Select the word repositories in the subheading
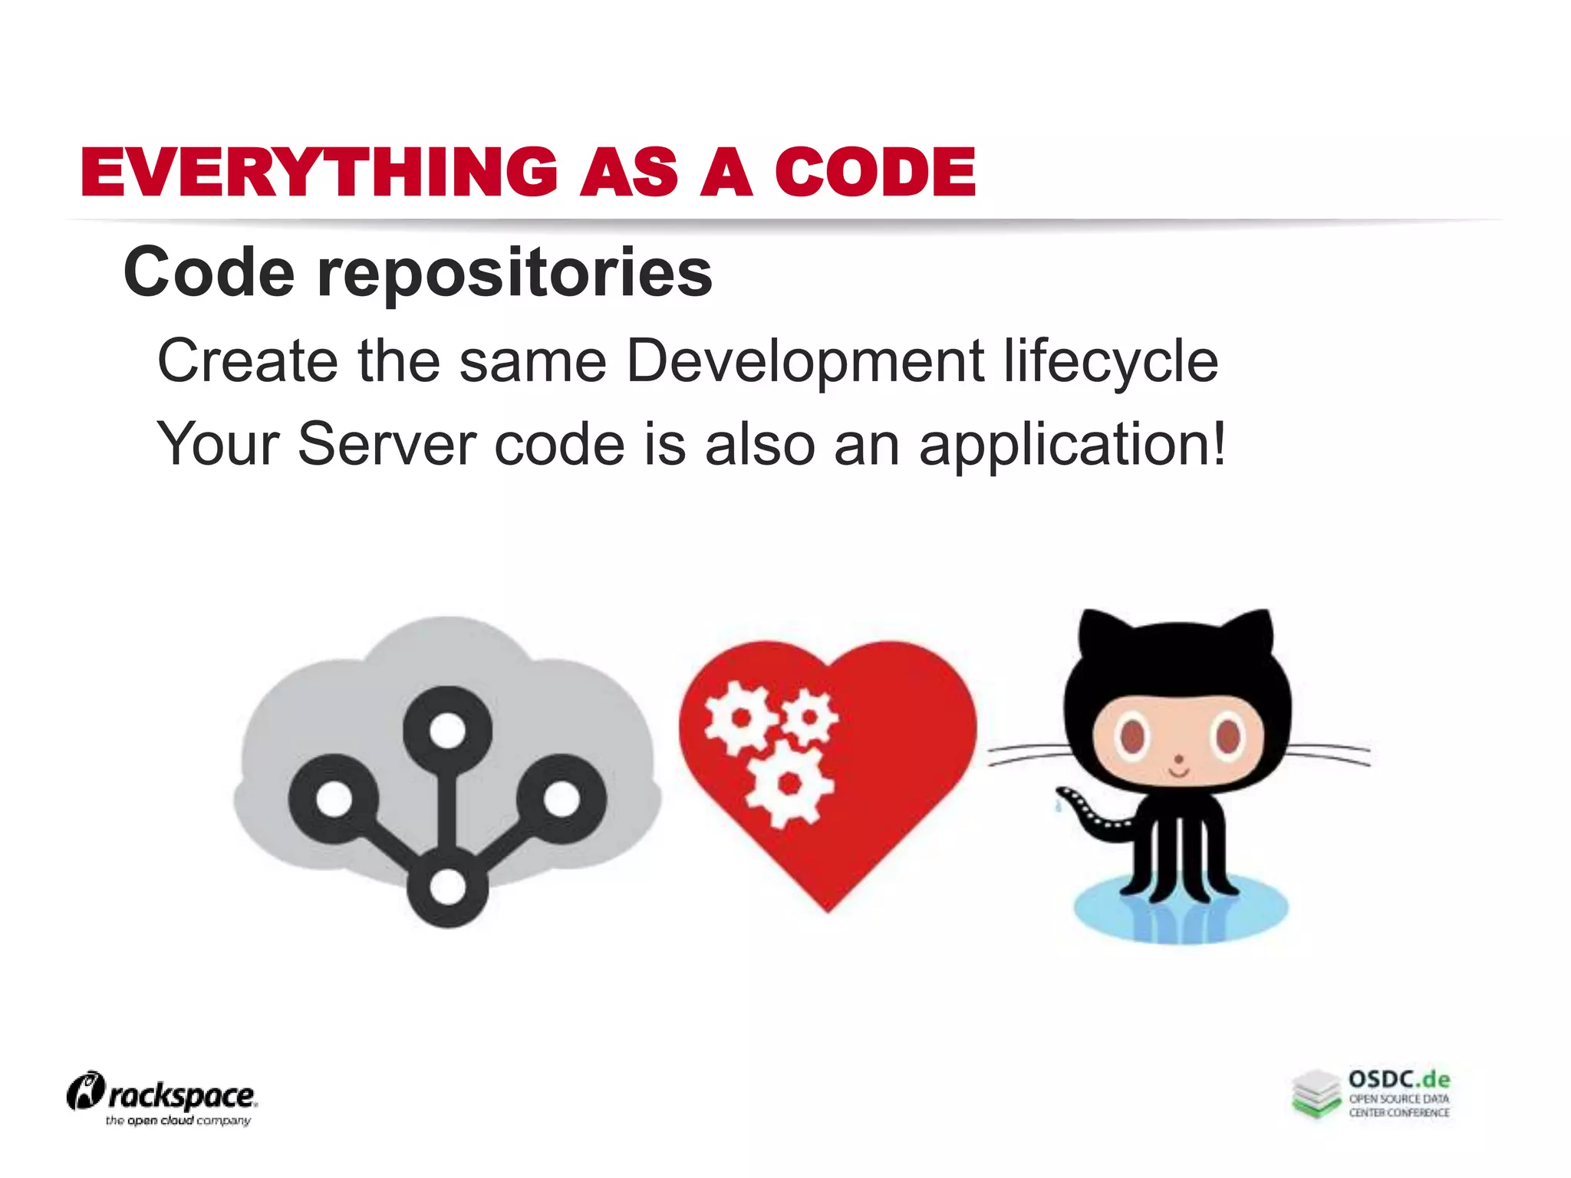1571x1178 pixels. pos(515,274)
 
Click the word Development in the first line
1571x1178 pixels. pos(805,360)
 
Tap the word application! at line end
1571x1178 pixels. pos(1072,445)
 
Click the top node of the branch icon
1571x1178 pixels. pos(447,729)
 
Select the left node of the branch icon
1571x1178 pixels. pos(333,799)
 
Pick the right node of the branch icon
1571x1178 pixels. pos(562,799)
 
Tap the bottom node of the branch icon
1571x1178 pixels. pos(447,887)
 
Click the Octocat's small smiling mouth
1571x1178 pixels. pos(1179,771)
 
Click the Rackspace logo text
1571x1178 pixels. pos(181,1096)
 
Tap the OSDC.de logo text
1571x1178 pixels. pos(1399,1080)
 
